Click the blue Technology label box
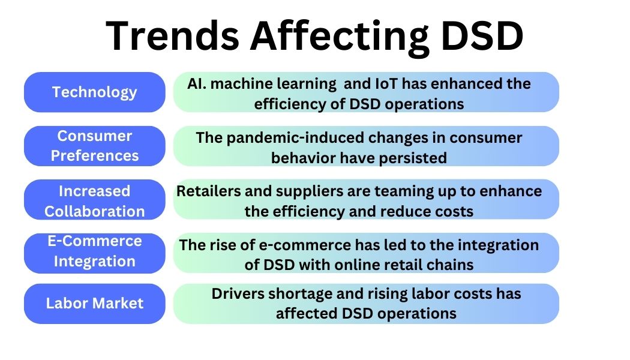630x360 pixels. point(94,92)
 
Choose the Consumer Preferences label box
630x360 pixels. point(94,146)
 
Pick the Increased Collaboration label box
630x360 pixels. point(94,200)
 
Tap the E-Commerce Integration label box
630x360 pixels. point(94,251)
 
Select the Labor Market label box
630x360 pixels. point(94,303)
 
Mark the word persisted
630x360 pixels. point(416,158)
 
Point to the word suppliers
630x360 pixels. point(293,191)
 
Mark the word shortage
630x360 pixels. point(295,294)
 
